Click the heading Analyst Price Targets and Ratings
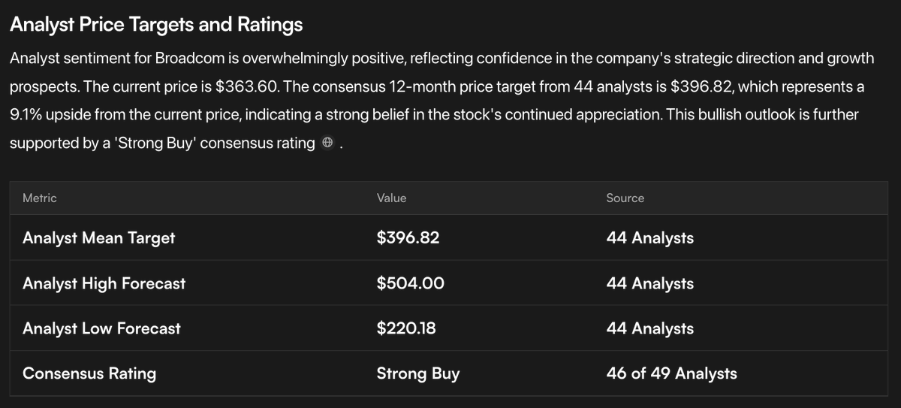click(x=156, y=25)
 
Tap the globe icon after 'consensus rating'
click(x=327, y=144)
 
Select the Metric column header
click(x=40, y=198)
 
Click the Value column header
click(x=391, y=198)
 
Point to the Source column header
click(x=625, y=198)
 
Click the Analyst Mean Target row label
click(x=98, y=238)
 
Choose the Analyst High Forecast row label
click(x=104, y=283)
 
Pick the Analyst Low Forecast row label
click(x=101, y=328)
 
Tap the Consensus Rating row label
click(x=89, y=373)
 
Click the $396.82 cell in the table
click(x=408, y=238)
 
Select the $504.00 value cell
click(x=410, y=283)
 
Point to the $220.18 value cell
click(x=405, y=328)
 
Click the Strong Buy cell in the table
click(x=417, y=373)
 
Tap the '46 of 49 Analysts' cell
click(x=671, y=373)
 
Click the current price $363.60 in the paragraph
click(x=247, y=86)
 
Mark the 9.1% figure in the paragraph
click(x=26, y=115)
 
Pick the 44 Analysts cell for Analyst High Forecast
click(x=649, y=283)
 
